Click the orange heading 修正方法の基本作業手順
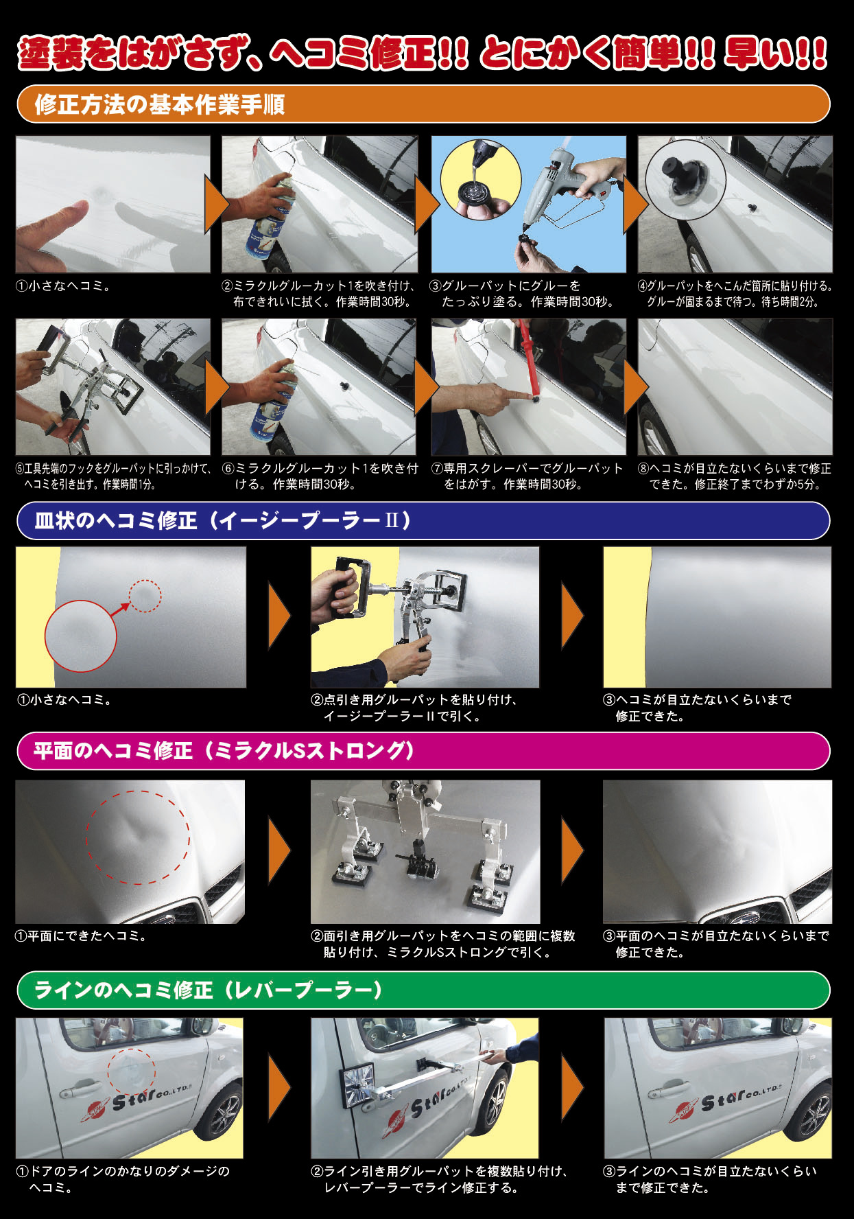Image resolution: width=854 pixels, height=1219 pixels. (x=159, y=105)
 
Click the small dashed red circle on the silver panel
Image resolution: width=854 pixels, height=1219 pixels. (x=145, y=596)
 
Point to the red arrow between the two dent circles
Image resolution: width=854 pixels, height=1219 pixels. (x=120, y=609)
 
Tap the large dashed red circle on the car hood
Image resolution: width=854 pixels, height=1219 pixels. (x=138, y=837)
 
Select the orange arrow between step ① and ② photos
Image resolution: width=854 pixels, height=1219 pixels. (x=215, y=204)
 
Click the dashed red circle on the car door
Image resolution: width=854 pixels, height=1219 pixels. (x=131, y=1071)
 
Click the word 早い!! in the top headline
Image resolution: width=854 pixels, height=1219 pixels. (x=775, y=54)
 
